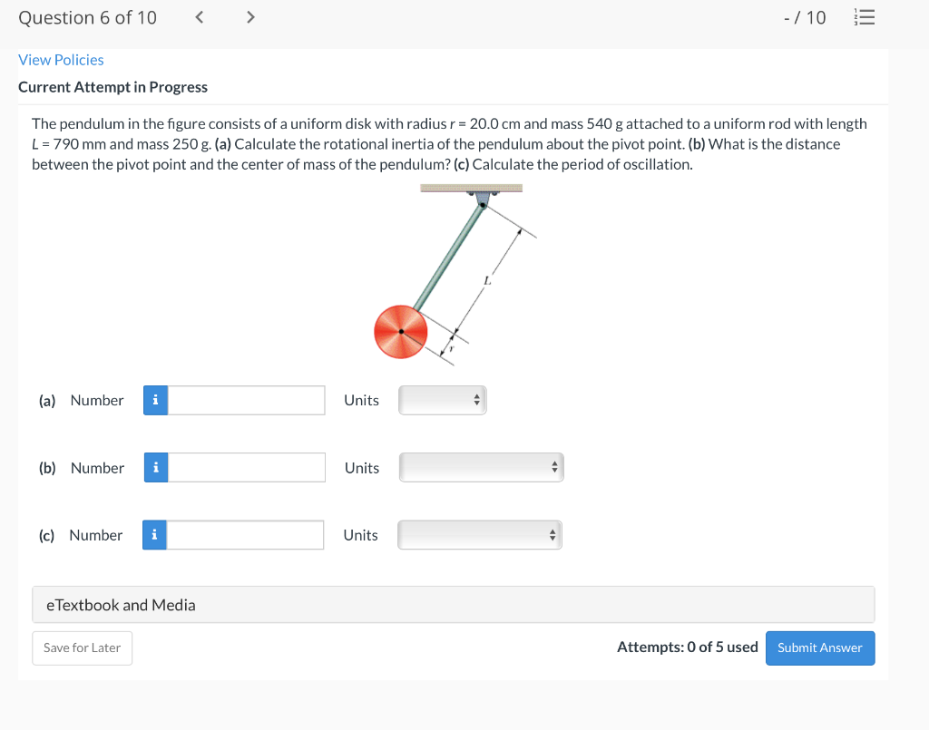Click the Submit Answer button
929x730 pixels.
[x=819, y=647]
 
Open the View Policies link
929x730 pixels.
[x=61, y=60]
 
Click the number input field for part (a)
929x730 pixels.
[x=246, y=400]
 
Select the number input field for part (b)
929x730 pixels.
[x=246, y=468]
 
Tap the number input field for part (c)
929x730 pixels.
[x=245, y=535]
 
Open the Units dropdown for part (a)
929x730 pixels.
[x=443, y=400]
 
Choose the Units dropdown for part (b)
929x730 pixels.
[x=481, y=468]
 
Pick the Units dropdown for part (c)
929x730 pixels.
[x=480, y=535]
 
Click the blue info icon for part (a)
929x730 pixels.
[x=155, y=400]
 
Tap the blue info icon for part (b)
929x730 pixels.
[x=156, y=468]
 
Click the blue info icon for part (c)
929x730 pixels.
[x=154, y=535]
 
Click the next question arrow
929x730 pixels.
[x=250, y=17]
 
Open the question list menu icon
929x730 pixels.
[x=866, y=17]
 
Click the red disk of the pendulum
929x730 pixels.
[x=400, y=331]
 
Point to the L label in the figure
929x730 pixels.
[x=486, y=281]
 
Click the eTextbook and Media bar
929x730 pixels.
[x=453, y=605]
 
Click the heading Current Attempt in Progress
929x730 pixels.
[x=112, y=87]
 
